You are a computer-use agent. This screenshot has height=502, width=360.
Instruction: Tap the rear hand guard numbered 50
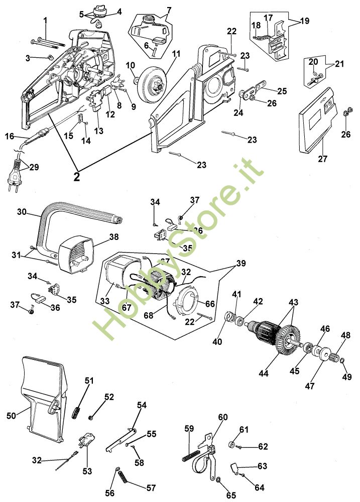[42, 397]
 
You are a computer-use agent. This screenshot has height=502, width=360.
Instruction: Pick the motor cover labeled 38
[77, 254]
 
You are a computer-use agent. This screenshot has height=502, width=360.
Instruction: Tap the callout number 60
[222, 417]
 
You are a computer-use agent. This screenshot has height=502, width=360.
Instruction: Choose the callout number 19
[305, 22]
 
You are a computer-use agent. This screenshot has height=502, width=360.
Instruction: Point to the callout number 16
[10, 136]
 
